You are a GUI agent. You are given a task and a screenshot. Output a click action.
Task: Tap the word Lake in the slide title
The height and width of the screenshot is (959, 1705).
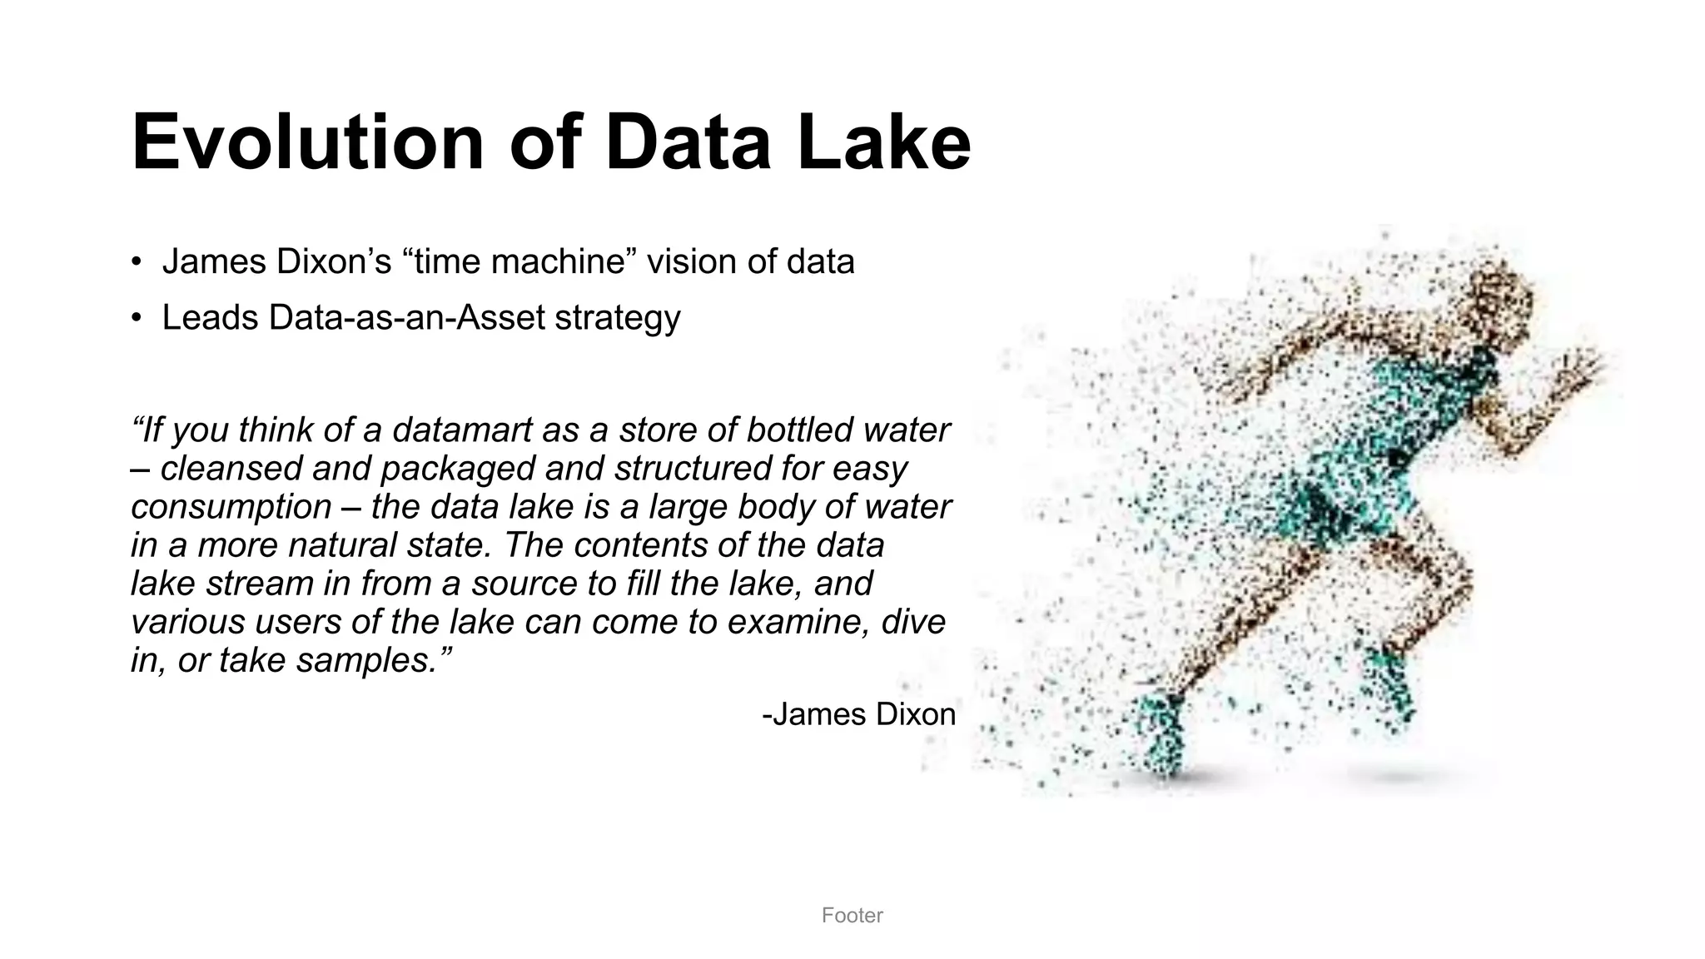point(883,143)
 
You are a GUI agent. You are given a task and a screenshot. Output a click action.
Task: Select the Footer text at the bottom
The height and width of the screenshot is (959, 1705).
point(852,916)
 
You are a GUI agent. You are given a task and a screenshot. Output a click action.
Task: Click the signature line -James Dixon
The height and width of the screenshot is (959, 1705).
point(858,714)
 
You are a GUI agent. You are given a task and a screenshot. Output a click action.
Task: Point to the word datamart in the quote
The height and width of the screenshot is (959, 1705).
point(462,430)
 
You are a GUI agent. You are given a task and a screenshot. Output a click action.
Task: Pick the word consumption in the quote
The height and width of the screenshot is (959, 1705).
point(231,507)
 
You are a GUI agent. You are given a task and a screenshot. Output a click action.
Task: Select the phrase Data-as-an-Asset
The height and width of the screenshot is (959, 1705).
point(406,318)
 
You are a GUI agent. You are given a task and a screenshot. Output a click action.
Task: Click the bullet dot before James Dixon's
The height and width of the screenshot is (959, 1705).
point(136,262)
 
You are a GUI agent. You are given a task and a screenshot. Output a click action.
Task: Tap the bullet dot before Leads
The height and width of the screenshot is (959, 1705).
point(136,318)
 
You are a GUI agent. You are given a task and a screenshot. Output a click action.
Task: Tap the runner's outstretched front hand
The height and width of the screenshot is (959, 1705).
point(1582,366)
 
